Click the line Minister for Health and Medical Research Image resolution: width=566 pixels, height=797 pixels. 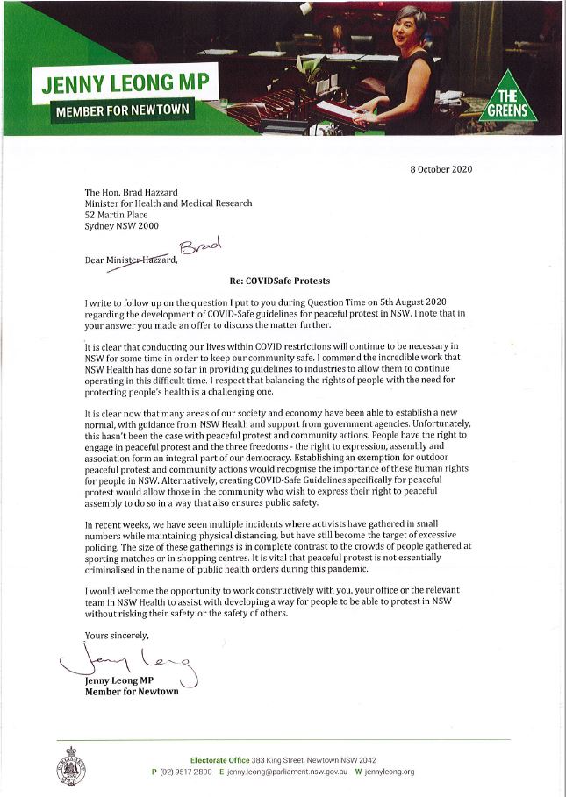[x=168, y=203]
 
